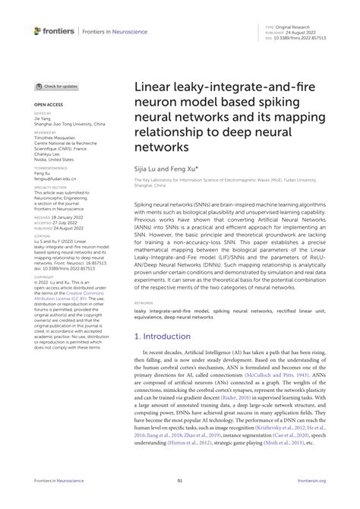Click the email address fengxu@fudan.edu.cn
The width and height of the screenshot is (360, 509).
click(x=55, y=179)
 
